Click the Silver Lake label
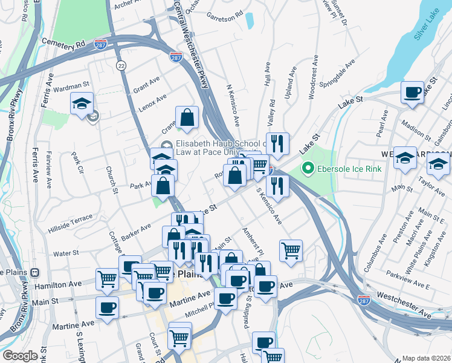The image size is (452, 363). coord(427,29)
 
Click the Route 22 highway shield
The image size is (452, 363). coord(122,65)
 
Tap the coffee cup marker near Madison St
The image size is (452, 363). coord(413,93)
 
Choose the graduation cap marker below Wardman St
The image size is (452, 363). coord(82,103)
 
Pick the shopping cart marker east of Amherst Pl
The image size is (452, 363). coord(291,250)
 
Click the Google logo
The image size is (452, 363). coord(20,356)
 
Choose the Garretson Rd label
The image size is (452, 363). coord(224,13)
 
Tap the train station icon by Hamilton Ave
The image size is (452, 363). coord(35,273)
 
